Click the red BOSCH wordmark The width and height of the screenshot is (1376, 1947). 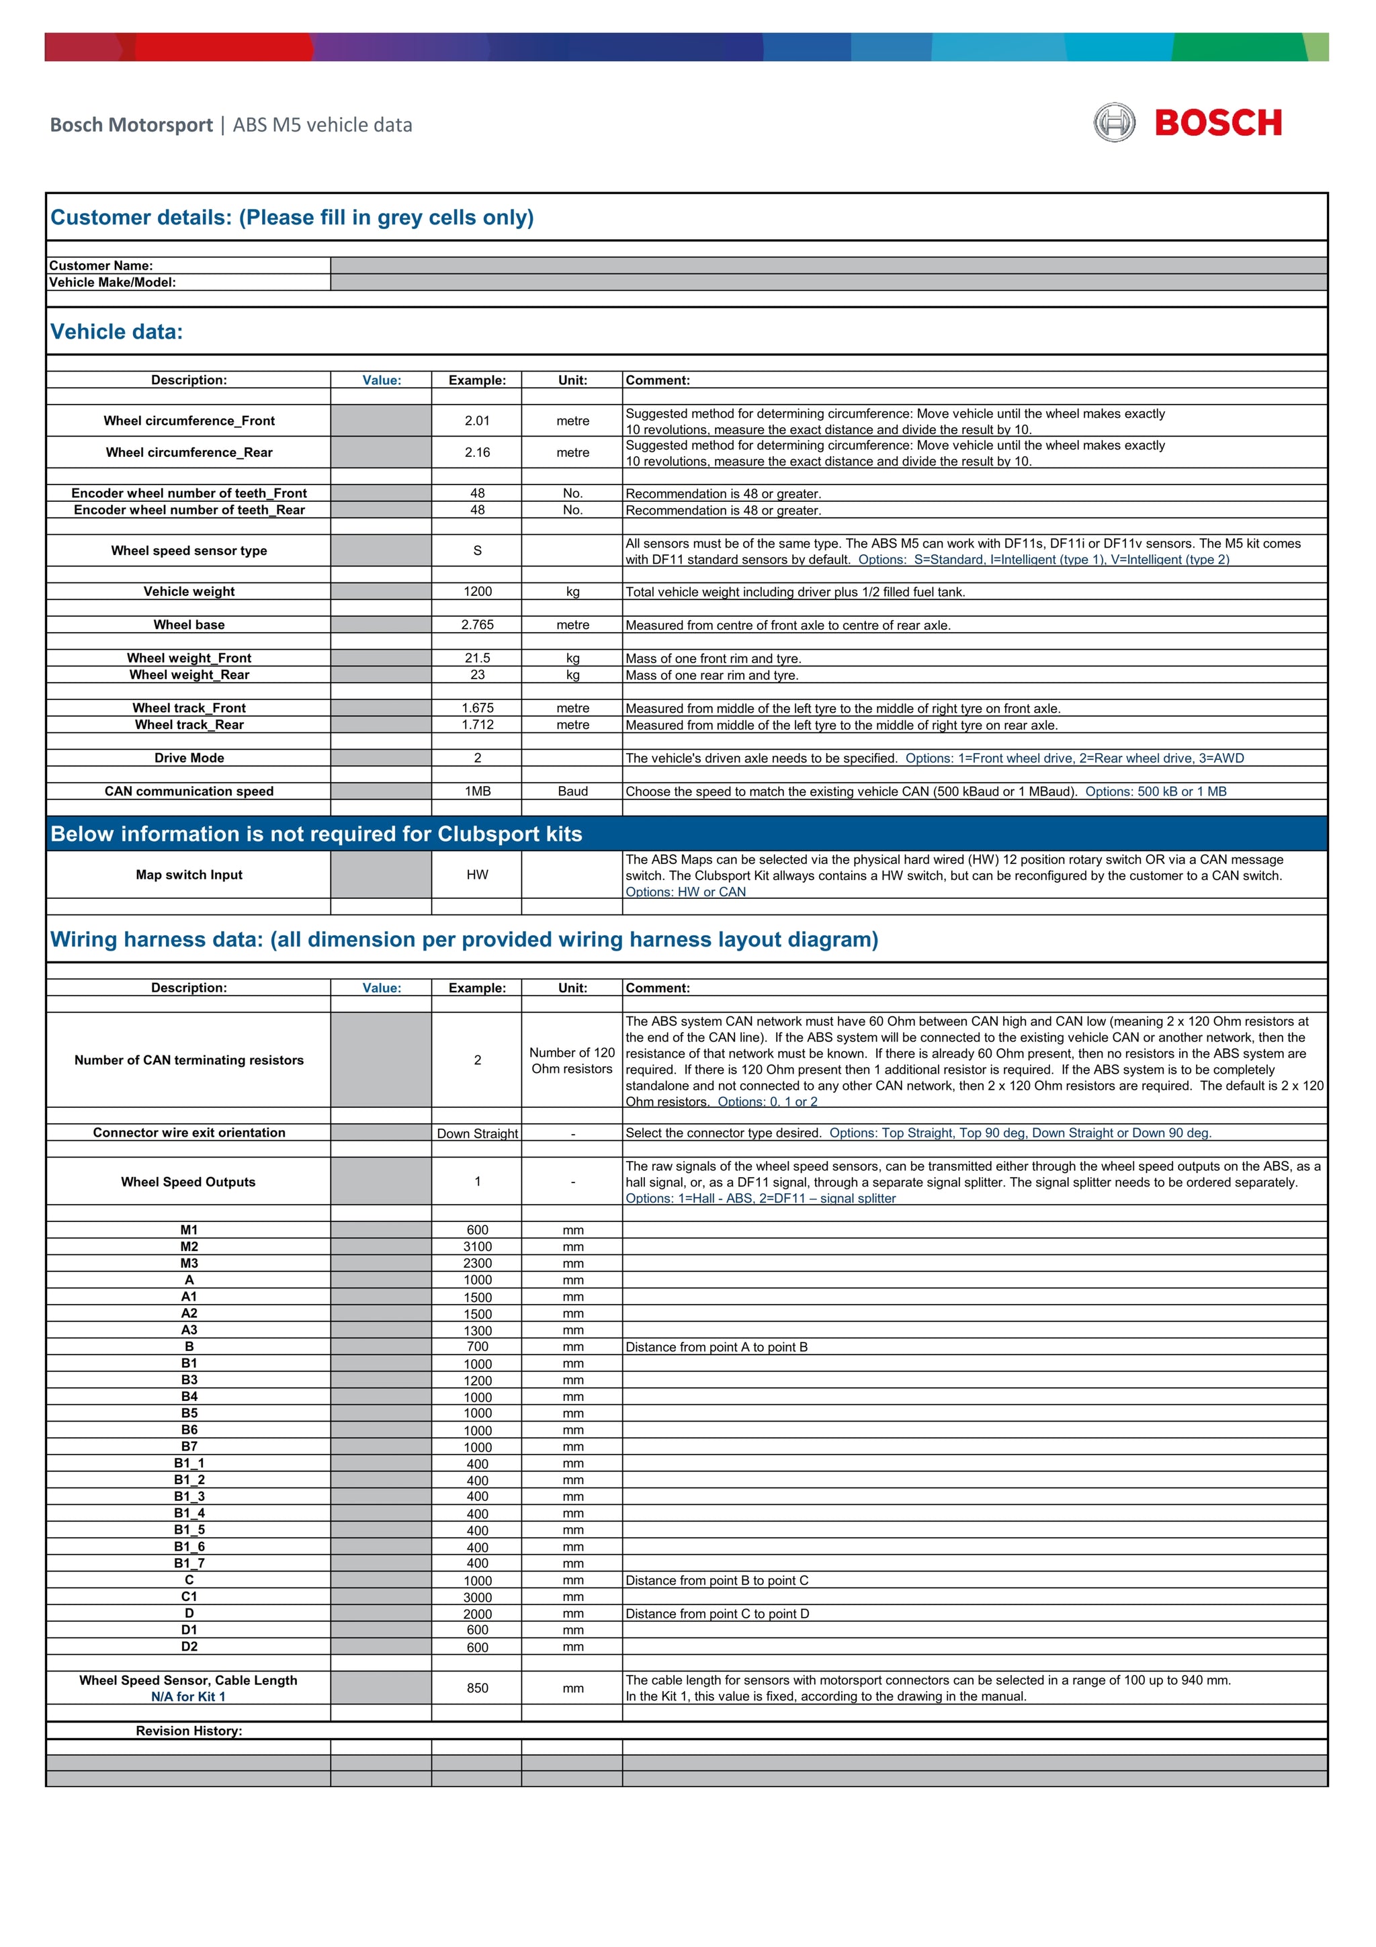1217,123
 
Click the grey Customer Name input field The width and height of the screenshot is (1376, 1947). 828,265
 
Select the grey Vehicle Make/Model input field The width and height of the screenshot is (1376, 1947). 828,282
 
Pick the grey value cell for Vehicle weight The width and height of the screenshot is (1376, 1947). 381,591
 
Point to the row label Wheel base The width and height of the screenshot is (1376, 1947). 189,625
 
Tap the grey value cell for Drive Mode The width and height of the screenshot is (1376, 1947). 381,758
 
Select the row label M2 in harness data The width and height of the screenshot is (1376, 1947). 189,1246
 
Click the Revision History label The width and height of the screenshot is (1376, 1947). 189,1731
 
